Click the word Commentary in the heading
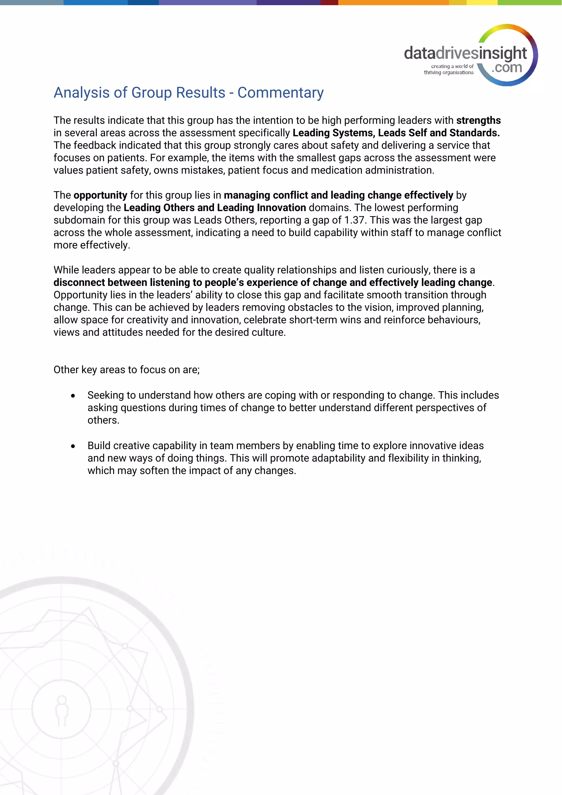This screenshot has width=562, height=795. [280, 93]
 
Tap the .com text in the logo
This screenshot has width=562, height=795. [507, 67]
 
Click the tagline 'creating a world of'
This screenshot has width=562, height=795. [452, 66]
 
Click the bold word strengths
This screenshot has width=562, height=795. [478, 120]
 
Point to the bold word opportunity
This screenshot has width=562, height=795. [100, 195]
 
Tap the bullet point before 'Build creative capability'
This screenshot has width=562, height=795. [73, 446]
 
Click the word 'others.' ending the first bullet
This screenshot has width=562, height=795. [103, 420]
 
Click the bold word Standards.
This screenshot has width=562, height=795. [474, 133]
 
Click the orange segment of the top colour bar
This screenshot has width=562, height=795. [393, 2]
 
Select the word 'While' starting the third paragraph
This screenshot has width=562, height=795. [66, 270]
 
